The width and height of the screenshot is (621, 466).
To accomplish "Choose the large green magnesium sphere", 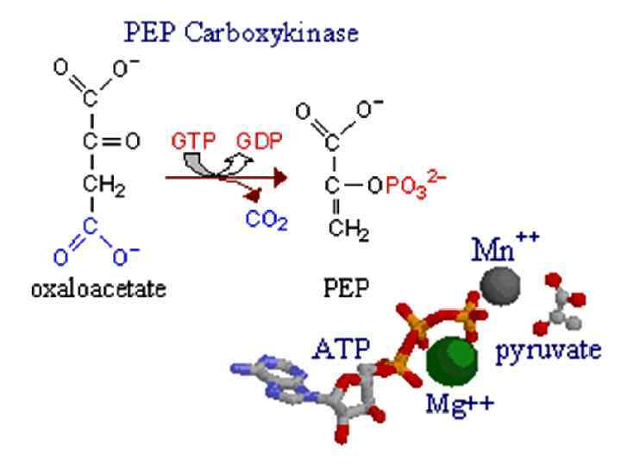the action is (452, 360).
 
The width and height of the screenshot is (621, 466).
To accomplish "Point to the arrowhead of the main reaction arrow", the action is (278, 176).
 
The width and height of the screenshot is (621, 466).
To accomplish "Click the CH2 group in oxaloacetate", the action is (103, 184).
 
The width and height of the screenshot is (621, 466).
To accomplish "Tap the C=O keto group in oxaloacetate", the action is (100, 141).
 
